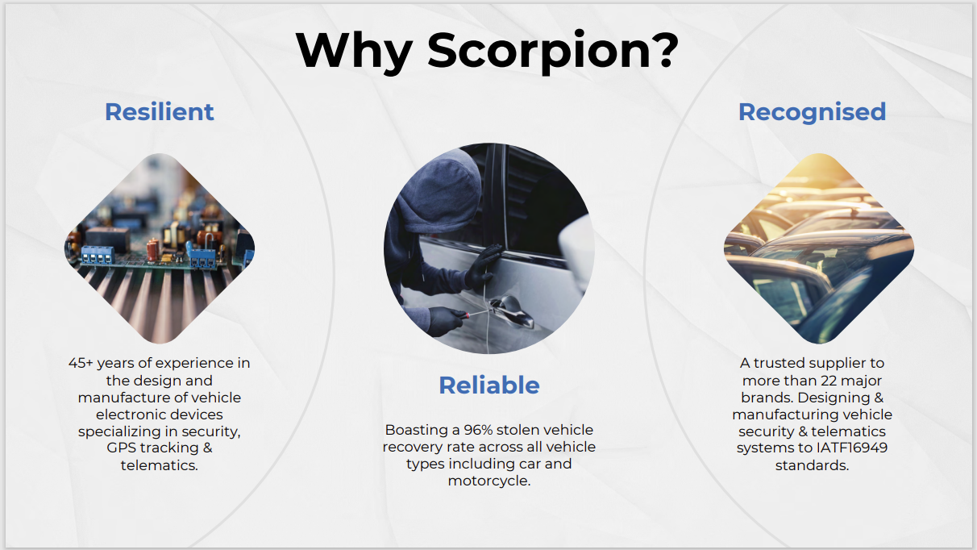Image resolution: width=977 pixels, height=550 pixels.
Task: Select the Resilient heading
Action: pyautogui.click(x=159, y=112)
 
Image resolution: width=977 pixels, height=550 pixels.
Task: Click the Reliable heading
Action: pyautogui.click(x=489, y=385)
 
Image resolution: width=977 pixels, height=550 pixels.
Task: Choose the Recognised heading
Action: pyautogui.click(x=812, y=113)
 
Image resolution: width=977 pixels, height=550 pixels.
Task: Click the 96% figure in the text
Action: pyautogui.click(x=477, y=430)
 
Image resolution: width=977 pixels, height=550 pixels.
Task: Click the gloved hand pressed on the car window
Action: pyautogui.click(x=483, y=267)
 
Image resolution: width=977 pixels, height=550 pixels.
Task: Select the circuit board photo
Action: pyautogui.click(x=160, y=248)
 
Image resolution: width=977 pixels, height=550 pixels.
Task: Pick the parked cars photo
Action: pyautogui.click(x=819, y=248)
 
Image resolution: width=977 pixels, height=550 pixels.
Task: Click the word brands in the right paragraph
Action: pyautogui.click(x=767, y=398)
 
